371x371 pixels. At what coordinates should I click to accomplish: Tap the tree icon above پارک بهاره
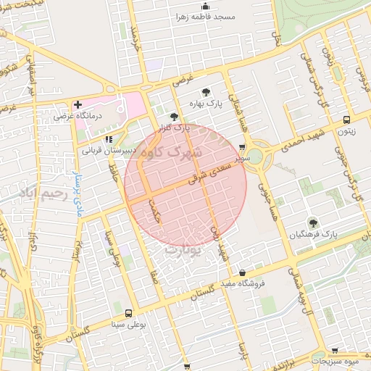point(206,92)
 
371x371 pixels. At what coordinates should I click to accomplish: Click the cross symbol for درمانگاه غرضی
point(78,104)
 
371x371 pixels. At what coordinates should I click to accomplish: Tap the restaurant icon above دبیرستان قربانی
point(109,138)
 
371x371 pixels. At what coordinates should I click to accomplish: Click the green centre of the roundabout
point(253,159)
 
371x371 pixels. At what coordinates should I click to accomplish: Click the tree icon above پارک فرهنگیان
point(313,222)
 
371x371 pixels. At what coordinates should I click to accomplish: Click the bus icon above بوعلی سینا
point(128,314)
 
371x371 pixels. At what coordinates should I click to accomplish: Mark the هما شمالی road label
point(239,114)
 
